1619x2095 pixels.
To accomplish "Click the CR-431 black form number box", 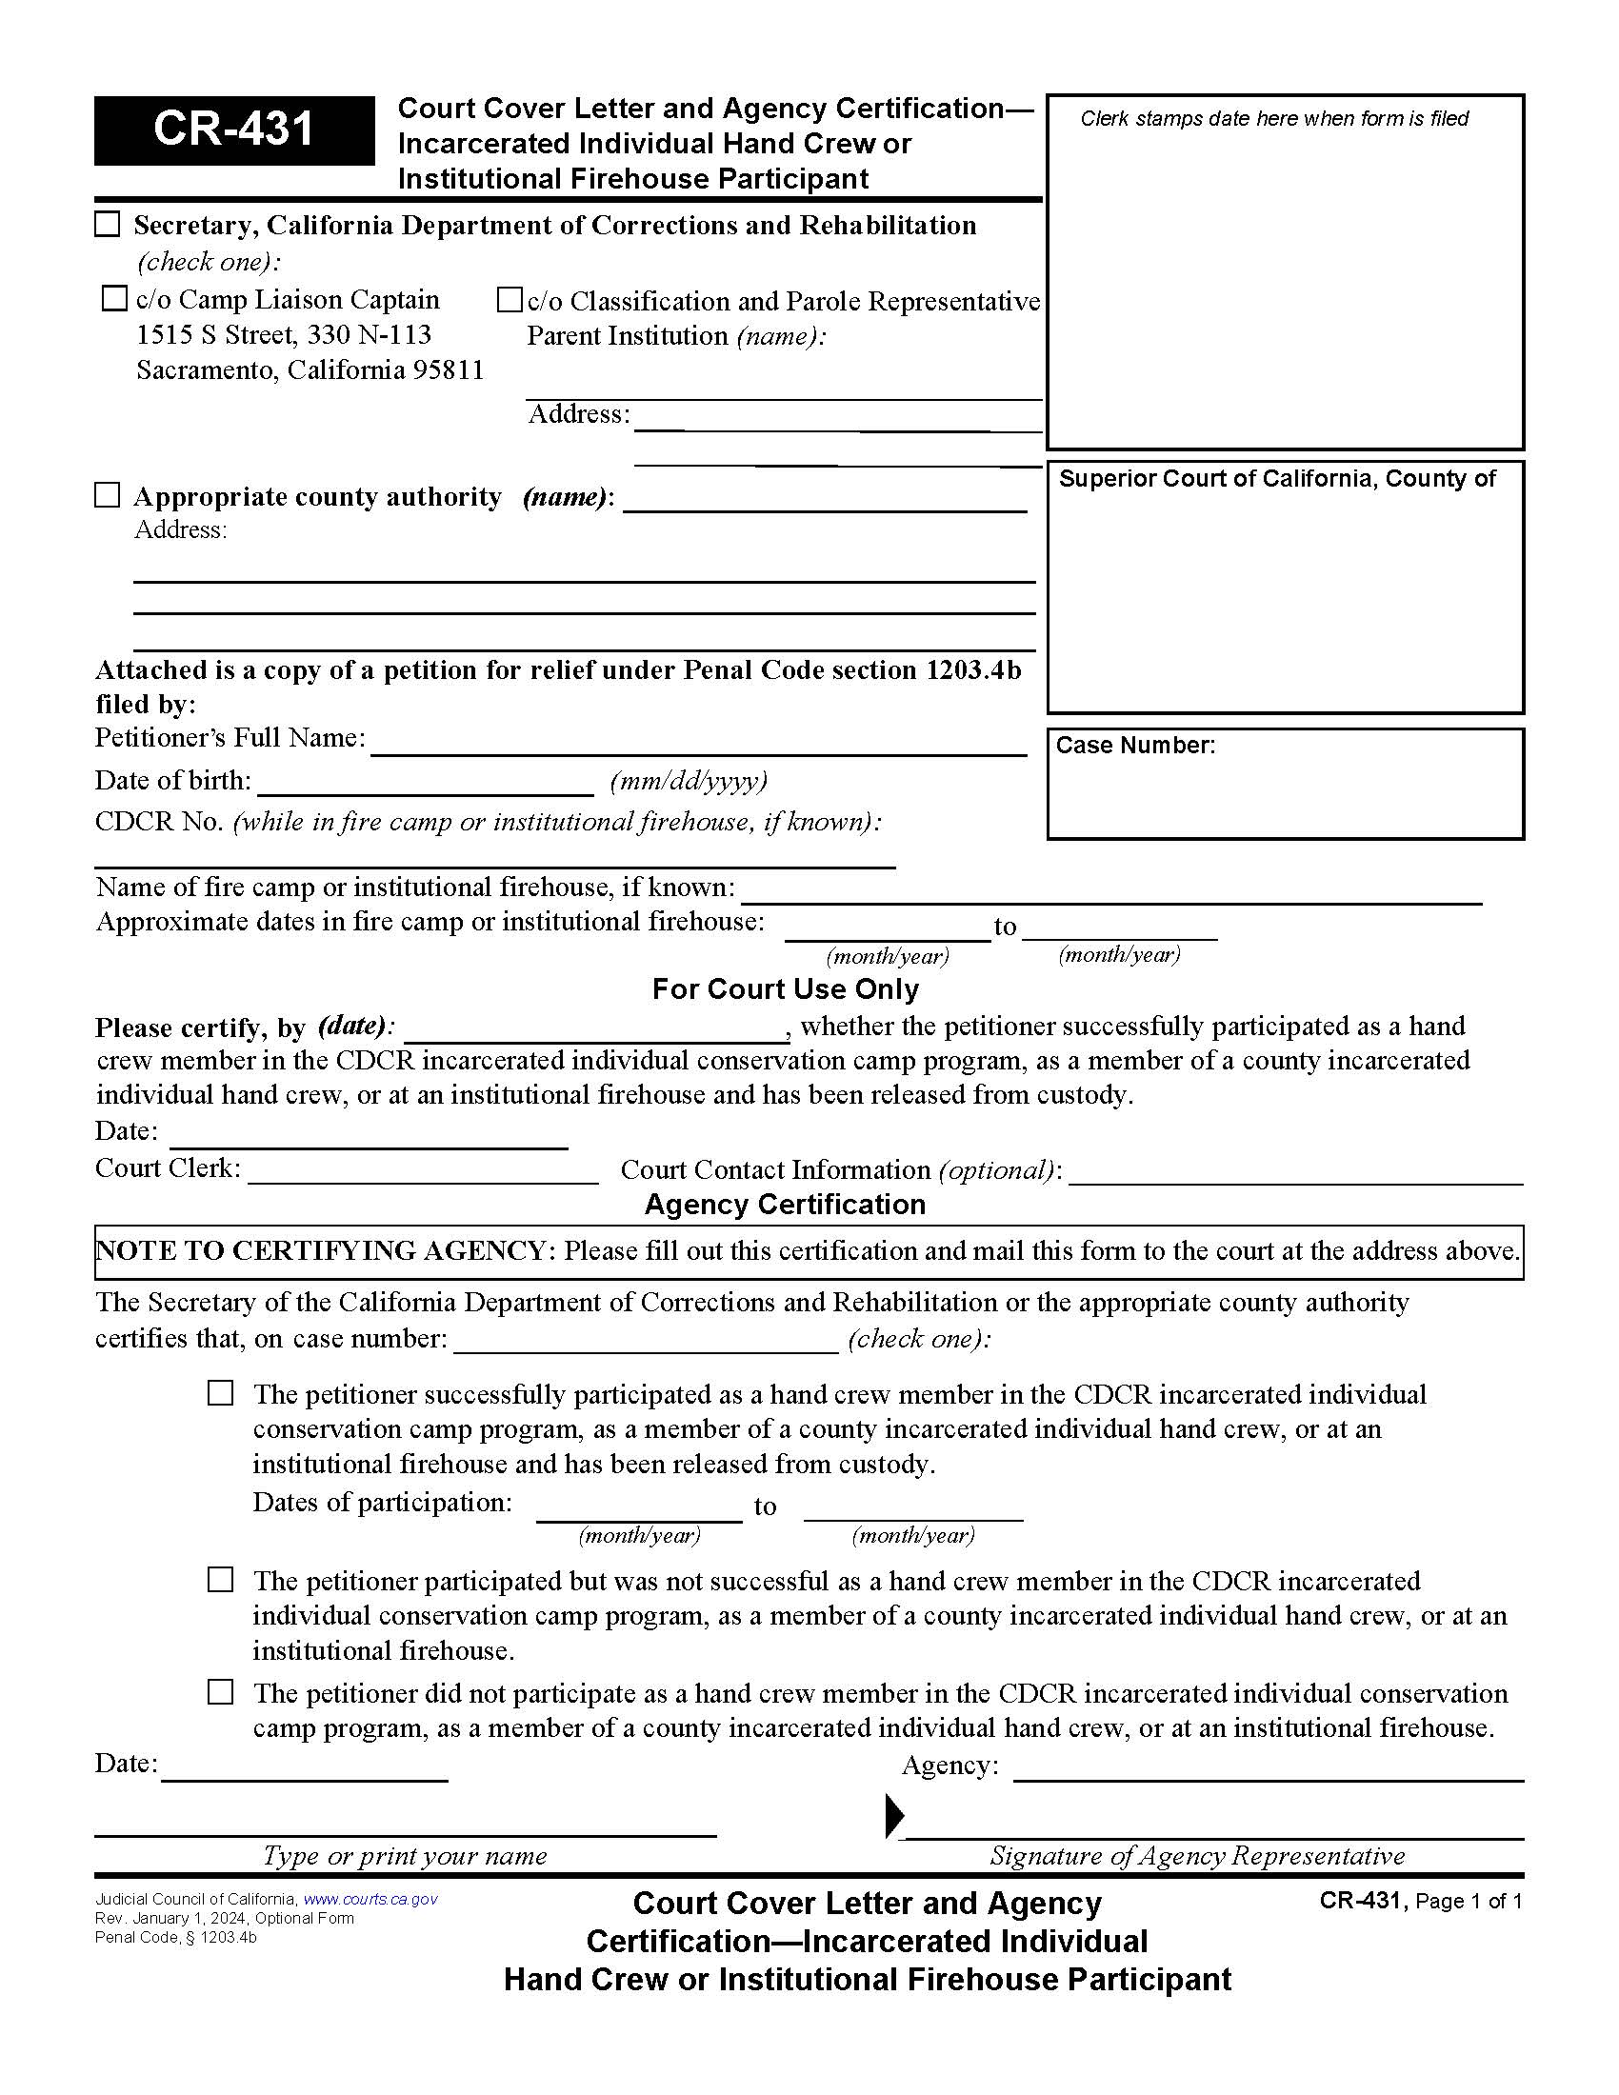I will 234,130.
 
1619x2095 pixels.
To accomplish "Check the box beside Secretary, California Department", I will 108,225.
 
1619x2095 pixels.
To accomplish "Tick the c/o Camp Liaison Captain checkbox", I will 114,299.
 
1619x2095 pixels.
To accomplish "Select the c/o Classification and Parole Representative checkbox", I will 510,300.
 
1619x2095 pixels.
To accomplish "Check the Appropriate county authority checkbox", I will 108,496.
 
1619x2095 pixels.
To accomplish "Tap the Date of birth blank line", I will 426,784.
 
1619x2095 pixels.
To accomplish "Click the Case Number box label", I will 1134,746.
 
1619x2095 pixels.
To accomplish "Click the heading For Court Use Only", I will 785,989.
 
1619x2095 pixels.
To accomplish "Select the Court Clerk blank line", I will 423,1172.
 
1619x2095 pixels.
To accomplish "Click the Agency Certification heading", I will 785,1205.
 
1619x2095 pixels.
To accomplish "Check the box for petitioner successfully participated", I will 221,1394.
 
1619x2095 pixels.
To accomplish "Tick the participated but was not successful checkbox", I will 221,1580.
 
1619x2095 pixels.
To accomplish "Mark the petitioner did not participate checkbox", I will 221,1692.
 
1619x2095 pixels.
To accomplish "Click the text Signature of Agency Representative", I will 1197,1856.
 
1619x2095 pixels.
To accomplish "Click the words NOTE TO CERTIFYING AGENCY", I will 322,1251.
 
